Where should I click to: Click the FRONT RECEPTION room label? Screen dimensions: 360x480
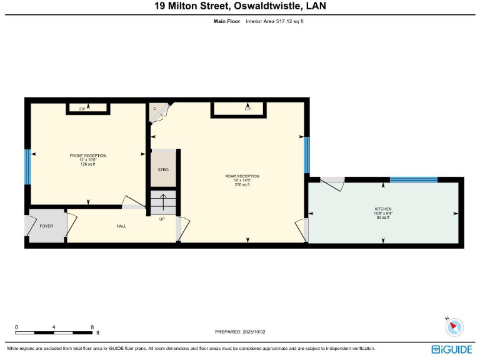(87, 156)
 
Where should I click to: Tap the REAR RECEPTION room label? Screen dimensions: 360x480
(242, 176)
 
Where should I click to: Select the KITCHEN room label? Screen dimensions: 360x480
(382, 209)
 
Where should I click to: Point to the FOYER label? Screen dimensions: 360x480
(46, 226)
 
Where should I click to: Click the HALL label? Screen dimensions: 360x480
(121, 226)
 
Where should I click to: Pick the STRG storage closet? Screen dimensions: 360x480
(163, 169)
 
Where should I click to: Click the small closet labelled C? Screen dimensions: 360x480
(155, 109)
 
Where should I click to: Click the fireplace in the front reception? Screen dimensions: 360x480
(88, 109)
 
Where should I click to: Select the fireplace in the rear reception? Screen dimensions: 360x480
(247, 109)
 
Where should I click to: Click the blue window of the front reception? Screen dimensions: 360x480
(27, 167)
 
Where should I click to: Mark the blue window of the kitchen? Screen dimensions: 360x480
(413, 180)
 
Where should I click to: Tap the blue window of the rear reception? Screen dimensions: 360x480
(306, 155)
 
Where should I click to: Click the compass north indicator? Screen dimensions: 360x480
(455, 326)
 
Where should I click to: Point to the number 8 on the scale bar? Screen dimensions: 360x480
(92, 327)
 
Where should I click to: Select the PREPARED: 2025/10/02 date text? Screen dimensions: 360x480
(240, 332)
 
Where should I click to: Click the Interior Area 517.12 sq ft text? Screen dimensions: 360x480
(274, 21)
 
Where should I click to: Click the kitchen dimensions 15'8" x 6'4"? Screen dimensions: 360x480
(382, 213)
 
